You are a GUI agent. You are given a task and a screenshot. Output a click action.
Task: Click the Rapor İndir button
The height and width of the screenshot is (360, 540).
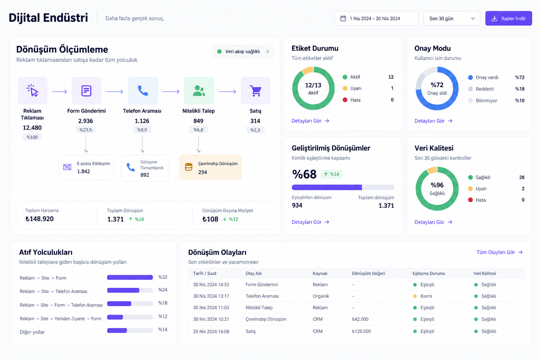(508, 18)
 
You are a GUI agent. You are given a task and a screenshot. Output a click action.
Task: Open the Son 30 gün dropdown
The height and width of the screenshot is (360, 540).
(451, 18)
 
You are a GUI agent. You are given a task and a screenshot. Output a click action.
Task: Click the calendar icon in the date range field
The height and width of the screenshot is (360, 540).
(343, 18)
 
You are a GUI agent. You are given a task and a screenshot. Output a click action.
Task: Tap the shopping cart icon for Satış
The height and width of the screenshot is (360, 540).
(256, 91)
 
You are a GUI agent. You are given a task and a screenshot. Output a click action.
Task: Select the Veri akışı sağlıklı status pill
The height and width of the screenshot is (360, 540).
(243, 52)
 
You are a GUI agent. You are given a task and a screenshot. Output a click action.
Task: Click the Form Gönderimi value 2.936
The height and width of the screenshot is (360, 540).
(85, 121)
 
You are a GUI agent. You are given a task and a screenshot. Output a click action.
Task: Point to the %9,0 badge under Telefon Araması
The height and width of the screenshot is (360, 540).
(142, 130)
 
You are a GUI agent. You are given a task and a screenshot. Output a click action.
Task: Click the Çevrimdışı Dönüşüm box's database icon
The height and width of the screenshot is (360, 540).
(188, 167)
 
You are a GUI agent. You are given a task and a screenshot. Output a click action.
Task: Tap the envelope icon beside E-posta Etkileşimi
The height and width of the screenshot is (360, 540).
(67, 167)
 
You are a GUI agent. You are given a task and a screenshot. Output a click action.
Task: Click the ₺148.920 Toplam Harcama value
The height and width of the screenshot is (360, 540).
(39, 219)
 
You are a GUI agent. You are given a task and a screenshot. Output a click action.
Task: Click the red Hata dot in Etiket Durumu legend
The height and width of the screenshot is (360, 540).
(345, 100)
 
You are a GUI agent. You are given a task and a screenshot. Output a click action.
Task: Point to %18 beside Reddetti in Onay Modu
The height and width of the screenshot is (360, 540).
(520, 89)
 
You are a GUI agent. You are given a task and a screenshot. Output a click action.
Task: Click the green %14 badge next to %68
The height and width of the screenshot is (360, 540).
(332, 174)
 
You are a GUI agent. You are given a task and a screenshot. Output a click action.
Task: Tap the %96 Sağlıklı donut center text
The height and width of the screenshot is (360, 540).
(437, 189)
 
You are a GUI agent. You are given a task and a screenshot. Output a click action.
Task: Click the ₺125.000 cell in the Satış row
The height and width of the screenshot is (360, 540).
(361, 331)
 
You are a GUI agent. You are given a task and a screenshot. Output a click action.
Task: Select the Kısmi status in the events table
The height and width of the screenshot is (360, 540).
(426, 296)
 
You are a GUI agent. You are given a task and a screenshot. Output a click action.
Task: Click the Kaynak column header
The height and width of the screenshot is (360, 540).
(320, 274)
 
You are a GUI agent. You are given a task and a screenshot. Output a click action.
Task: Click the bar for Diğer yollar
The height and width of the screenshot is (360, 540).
(117, 330)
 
